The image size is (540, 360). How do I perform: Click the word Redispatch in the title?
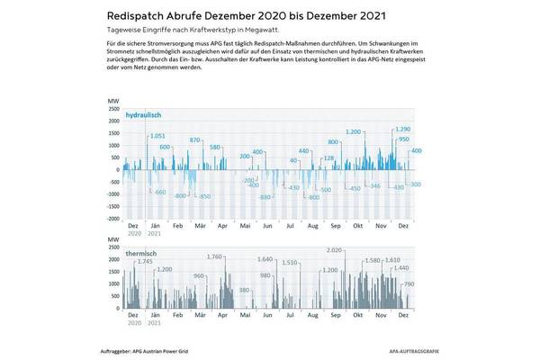[141, 15]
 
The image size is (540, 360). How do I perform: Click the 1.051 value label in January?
[157, 135]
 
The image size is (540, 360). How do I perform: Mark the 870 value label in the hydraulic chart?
[197, 140]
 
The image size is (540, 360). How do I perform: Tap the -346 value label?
[375, 186]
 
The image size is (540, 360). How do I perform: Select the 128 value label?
[329, 158]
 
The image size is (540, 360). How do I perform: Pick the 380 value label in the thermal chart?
[244, 291]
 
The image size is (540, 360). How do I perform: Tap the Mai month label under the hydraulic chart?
[244, 228]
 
